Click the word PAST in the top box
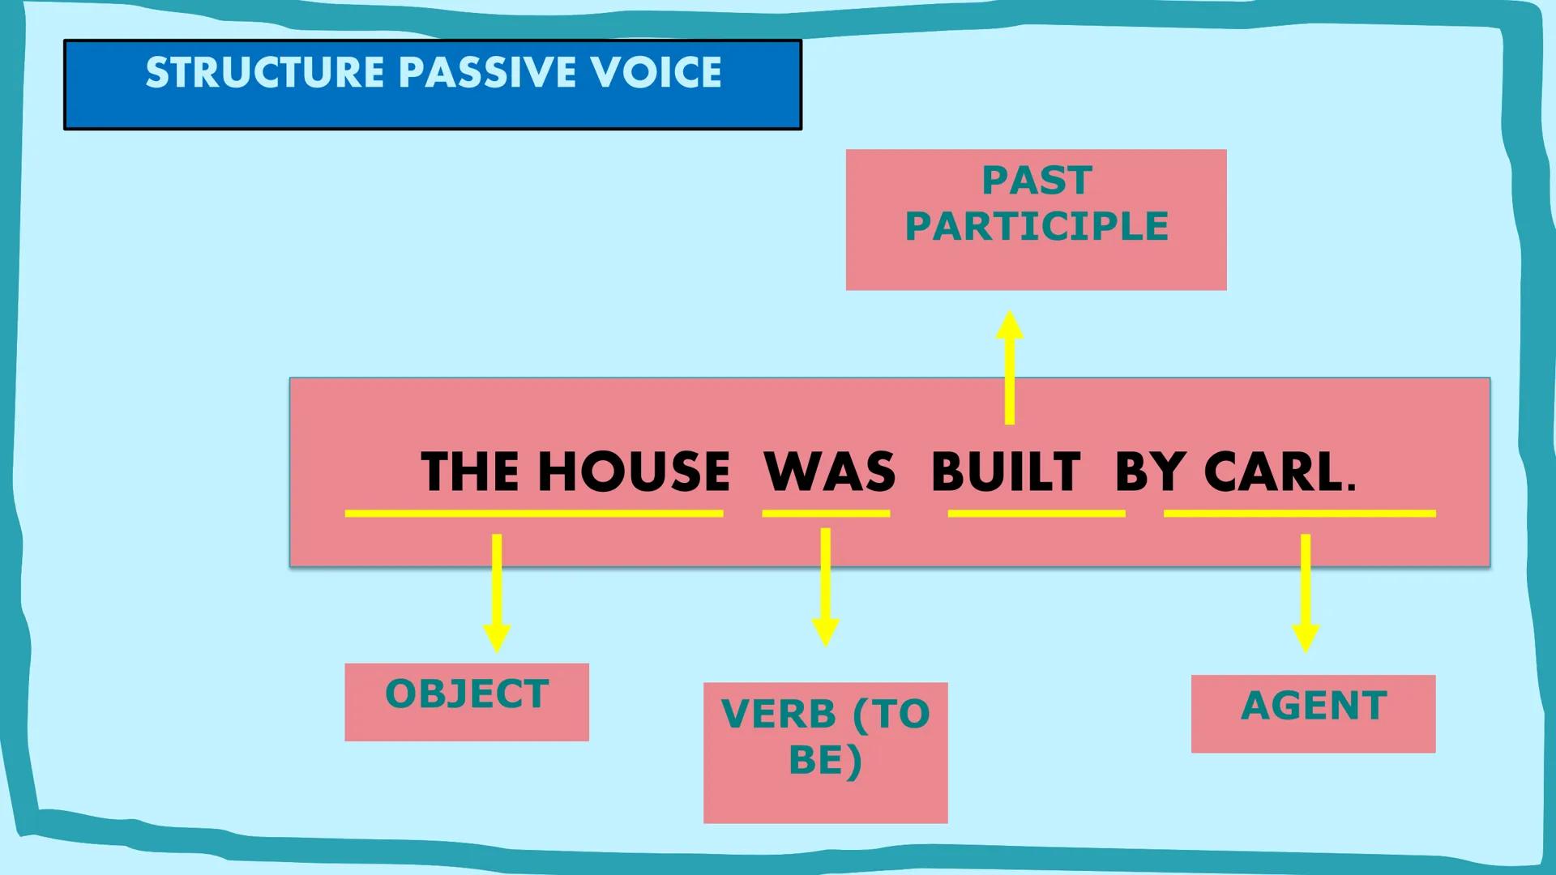pyautogui.click(x=1037, y=181)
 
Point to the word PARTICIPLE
pyautogui.click(x=1037, y=226)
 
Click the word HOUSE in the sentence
pyautogui.click(x=634, y=472)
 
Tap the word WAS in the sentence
pyautogui.click(x=829, y=472)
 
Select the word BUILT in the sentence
pyautogui.click(x=1006, y=472)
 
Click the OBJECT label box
pyautogui.click(x=467, y=702)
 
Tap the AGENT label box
pyautogui.click(x=1313, y=713)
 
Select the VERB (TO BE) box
pyautogui.click(x=825, y=752)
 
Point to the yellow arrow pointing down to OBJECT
pyautogui.click(x=497, y=591)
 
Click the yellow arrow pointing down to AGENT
pyautogui.click(x=1306, y=591)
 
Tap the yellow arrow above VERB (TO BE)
pyautogui.click(x=825, y=587)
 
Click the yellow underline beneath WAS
pyautogui.click(x=826, y=514)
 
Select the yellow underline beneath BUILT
pyautogui.click(x=1037, y=514)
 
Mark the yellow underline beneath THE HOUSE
pyautogui.click(x=533, y=514)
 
